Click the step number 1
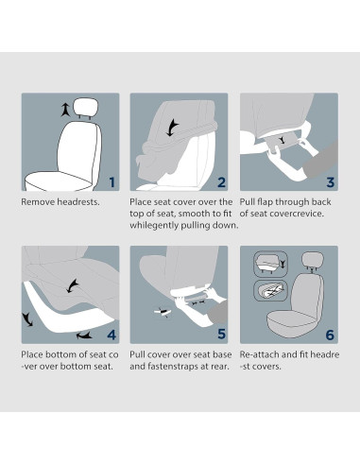(x=111, y=182)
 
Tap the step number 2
(x=220, y=182)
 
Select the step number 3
(x=330, y=182)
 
